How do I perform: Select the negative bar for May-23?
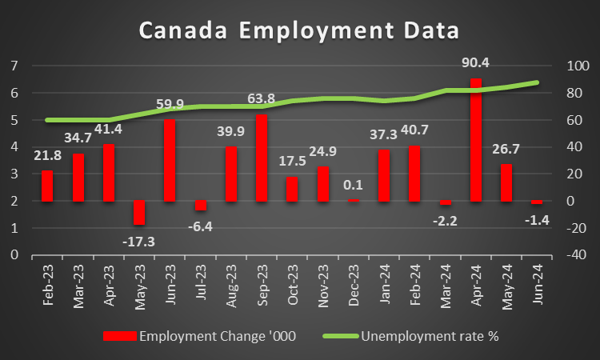139,213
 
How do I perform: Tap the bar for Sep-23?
262,158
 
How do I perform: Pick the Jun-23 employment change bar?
170,160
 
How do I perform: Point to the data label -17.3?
140,239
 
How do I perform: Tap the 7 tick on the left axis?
14,66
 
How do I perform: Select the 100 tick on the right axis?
575,66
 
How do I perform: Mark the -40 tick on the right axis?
575,255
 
